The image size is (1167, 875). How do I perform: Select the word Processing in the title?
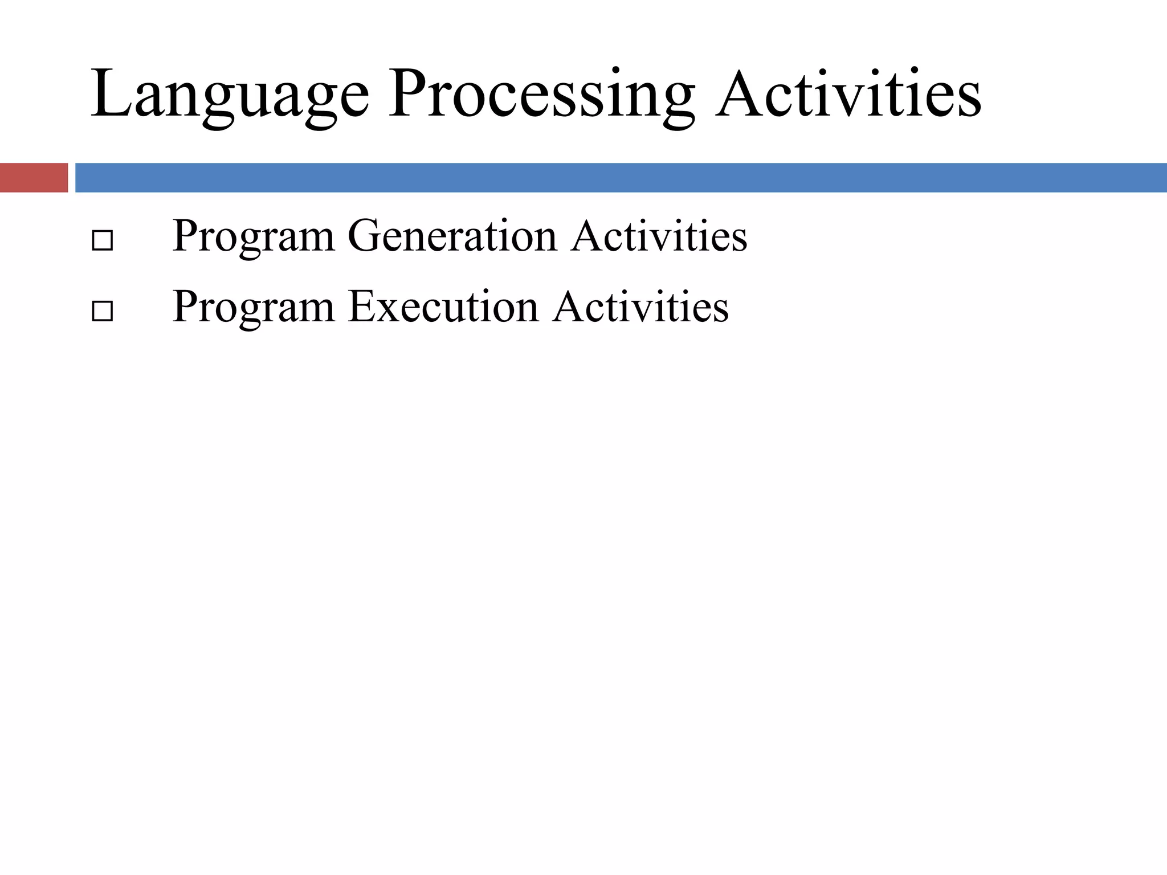[541, 94]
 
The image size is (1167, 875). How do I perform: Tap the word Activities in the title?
[848, 94]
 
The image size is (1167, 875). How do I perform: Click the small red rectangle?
[34, 178]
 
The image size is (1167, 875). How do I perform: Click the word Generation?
[451, 236]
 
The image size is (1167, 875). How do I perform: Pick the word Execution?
[443, 306]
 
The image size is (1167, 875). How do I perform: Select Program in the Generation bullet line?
[253, 236]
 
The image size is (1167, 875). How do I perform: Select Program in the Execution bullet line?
[253, 306]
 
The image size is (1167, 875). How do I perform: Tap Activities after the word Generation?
[659, 236]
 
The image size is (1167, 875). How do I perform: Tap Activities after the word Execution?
[640, 306]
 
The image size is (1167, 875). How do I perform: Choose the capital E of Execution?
[361, 306]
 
